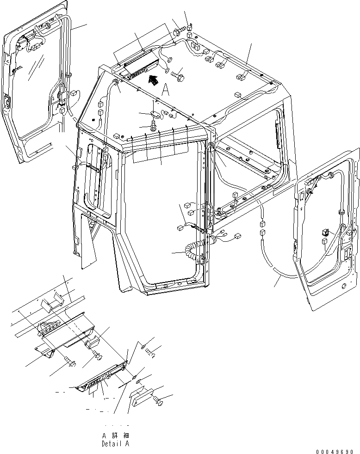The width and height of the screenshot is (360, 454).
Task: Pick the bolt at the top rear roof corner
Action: [x=179, y=32]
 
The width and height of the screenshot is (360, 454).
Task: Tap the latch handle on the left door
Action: [x=6, y=103]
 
